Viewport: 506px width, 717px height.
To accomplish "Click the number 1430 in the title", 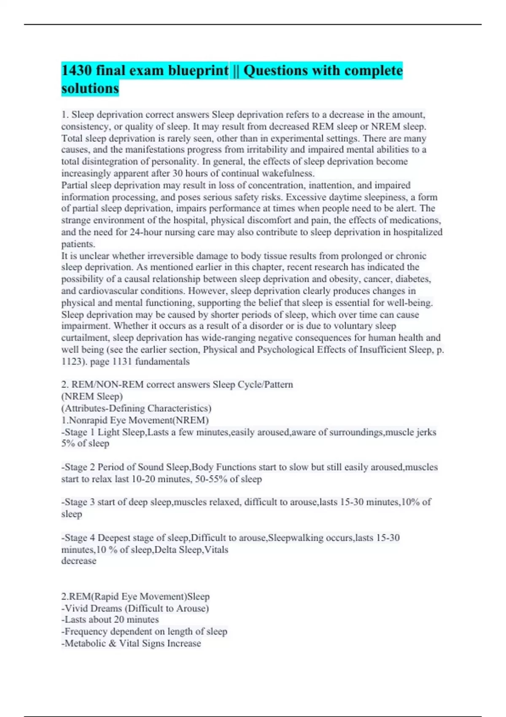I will [76, 70].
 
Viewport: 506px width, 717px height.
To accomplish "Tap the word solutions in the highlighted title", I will [90, 89].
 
